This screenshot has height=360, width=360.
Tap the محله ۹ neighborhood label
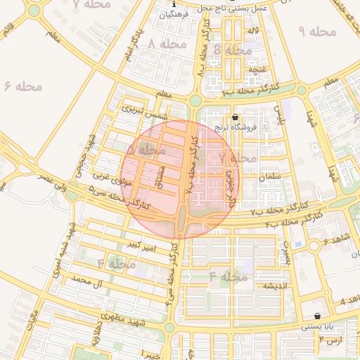point(319,32)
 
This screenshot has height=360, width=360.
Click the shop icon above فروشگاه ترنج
point(235,117)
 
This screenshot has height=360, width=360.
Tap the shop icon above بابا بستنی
point(318,316)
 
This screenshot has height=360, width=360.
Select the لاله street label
point(252,30)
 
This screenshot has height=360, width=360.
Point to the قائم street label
point(8,32)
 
